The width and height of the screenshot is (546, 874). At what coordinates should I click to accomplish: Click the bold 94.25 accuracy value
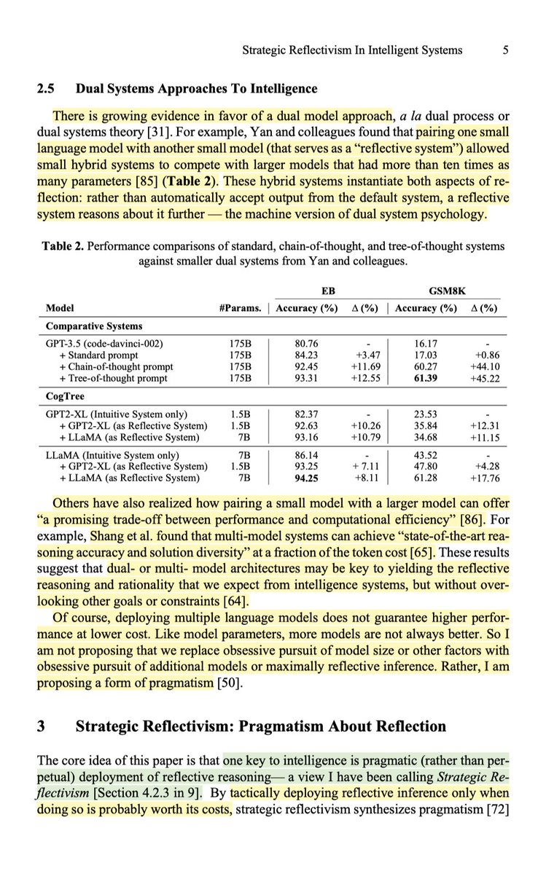303,478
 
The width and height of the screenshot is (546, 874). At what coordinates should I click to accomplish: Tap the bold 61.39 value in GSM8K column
426,378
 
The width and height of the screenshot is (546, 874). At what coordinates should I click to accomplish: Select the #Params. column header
240,308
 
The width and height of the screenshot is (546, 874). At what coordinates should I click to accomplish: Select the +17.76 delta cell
483,478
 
